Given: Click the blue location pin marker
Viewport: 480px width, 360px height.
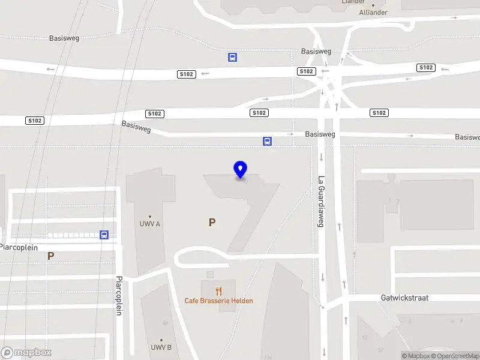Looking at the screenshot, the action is coord(241,170).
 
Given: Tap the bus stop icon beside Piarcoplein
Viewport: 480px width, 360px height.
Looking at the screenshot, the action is coord(104,235).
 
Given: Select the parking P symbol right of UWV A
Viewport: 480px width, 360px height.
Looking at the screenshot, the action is coord(212,223).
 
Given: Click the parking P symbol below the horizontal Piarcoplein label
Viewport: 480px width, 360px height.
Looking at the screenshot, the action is coord(51,256).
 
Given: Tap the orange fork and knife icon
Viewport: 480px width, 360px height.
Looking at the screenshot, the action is coord(218,291).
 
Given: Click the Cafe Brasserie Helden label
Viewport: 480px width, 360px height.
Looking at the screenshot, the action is coord(218,301).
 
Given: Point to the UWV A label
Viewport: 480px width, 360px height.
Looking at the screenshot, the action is coord(150,224).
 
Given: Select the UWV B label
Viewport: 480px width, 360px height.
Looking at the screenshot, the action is coord(161,347).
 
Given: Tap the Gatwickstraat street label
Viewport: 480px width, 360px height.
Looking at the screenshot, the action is coord(404,298).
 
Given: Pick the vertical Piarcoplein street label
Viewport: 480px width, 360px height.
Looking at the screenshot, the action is coord(119,296).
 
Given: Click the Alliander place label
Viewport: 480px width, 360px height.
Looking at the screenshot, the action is coord(373,13).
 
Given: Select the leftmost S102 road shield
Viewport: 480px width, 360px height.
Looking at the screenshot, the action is coord(34,121).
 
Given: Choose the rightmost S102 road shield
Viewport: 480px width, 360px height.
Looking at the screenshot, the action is coord(427,68).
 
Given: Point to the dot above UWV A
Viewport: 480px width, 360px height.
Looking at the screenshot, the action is coord(150,216).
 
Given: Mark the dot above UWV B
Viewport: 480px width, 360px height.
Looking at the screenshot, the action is coord(161,340).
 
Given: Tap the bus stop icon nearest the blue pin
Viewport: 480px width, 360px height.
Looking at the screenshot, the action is coord(267,142).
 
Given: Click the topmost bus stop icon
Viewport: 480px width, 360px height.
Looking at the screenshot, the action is coord(232,58).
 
